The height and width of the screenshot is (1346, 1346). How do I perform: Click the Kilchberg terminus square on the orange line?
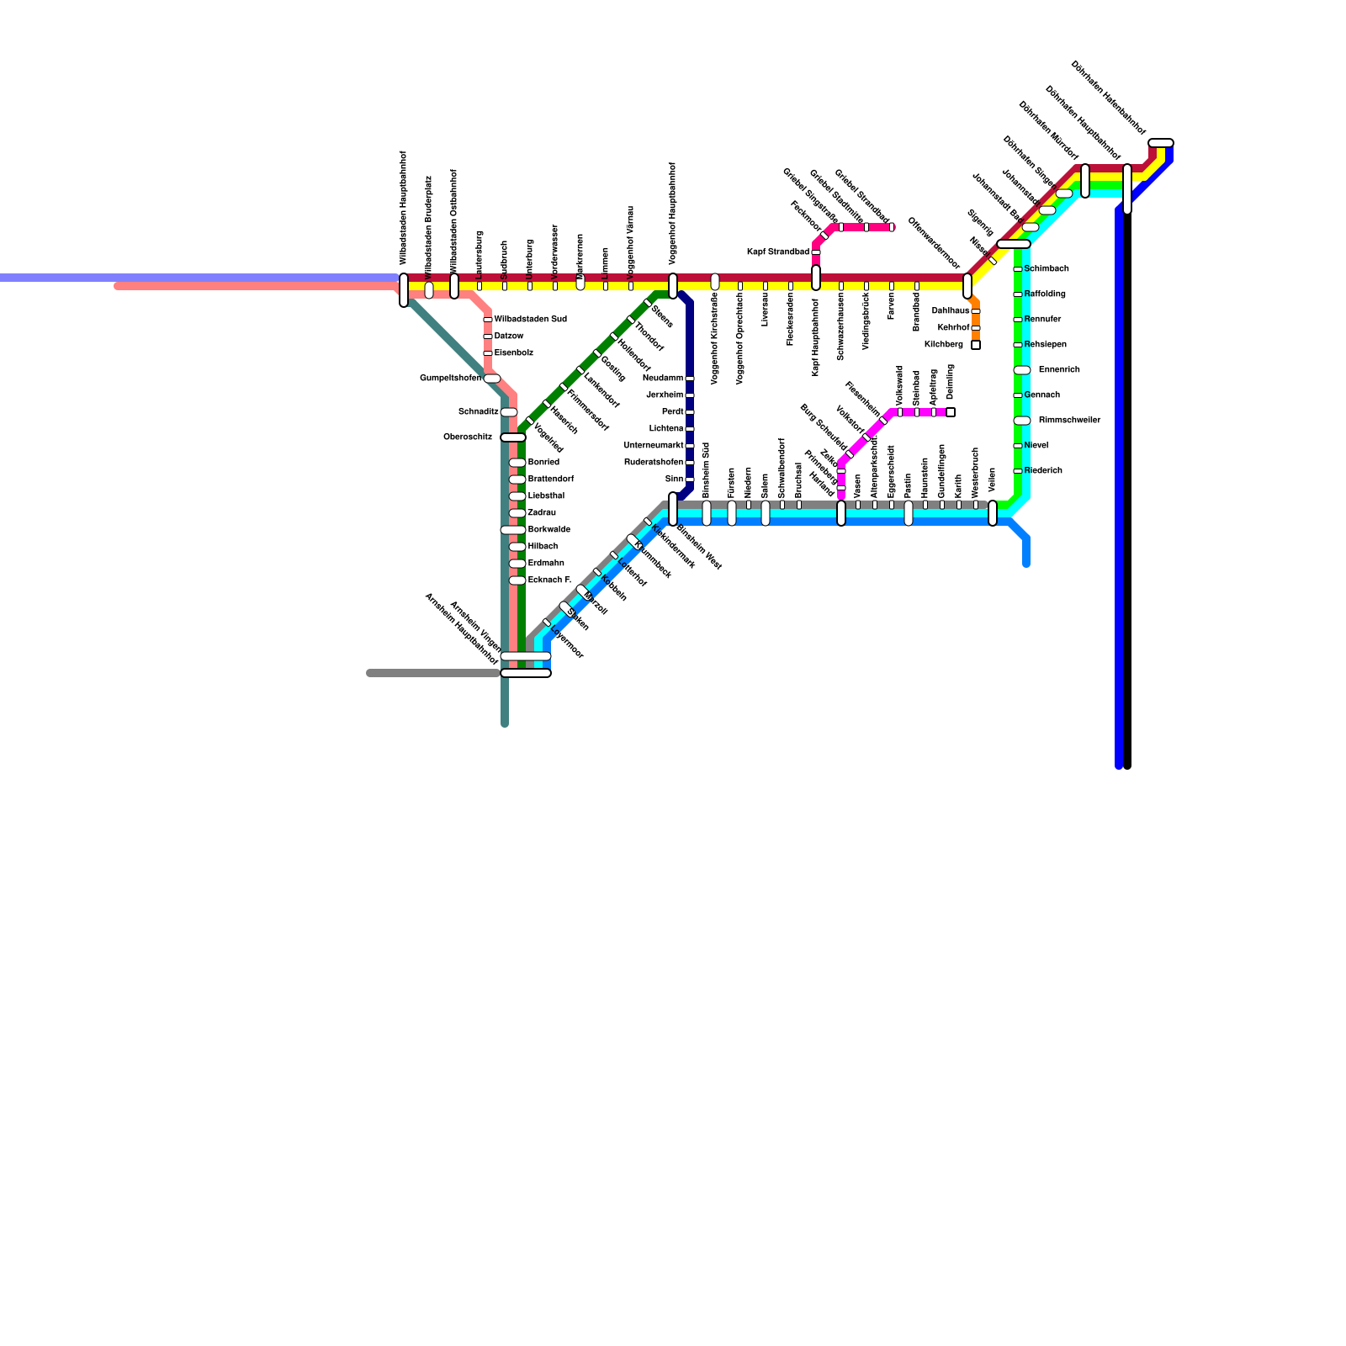tap(976, 345)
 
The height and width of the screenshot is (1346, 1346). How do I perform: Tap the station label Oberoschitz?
tap(468, 437)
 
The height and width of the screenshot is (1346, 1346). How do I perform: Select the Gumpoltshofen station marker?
tap(492, 379)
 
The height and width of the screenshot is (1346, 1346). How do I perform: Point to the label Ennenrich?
tap(1059, 370)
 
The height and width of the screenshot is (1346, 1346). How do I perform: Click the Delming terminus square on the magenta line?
tap(951, 412)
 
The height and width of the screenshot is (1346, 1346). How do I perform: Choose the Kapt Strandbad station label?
tap(778, 252)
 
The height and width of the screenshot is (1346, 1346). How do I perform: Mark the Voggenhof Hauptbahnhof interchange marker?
tap(673, 286)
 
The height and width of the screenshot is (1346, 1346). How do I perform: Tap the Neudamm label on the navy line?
tap(663, 379)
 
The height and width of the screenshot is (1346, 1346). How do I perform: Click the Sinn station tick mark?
tap(690, 480)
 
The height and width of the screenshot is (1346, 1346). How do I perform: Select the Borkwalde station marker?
tap(513, 530)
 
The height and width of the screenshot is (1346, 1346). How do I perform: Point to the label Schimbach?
tap(1047, 269)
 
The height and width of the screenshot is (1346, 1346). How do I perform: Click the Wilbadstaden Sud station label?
tap(530, 320)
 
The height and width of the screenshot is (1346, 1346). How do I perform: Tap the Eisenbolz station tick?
tap(488, 353)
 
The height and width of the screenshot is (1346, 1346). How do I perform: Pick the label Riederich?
tap(1043, 471)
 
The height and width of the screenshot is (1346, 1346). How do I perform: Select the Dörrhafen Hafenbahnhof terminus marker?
tap(1161, 143)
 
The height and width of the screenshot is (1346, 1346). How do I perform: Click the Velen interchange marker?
tap(993, 513)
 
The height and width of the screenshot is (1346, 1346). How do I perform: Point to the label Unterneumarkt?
tap(654, 446)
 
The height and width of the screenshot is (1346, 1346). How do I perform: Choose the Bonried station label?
tap(543, 463)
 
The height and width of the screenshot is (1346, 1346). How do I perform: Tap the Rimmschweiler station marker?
tap(1022, 421)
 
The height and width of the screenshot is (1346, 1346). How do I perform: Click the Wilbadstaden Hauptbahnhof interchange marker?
tap(404, 290)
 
